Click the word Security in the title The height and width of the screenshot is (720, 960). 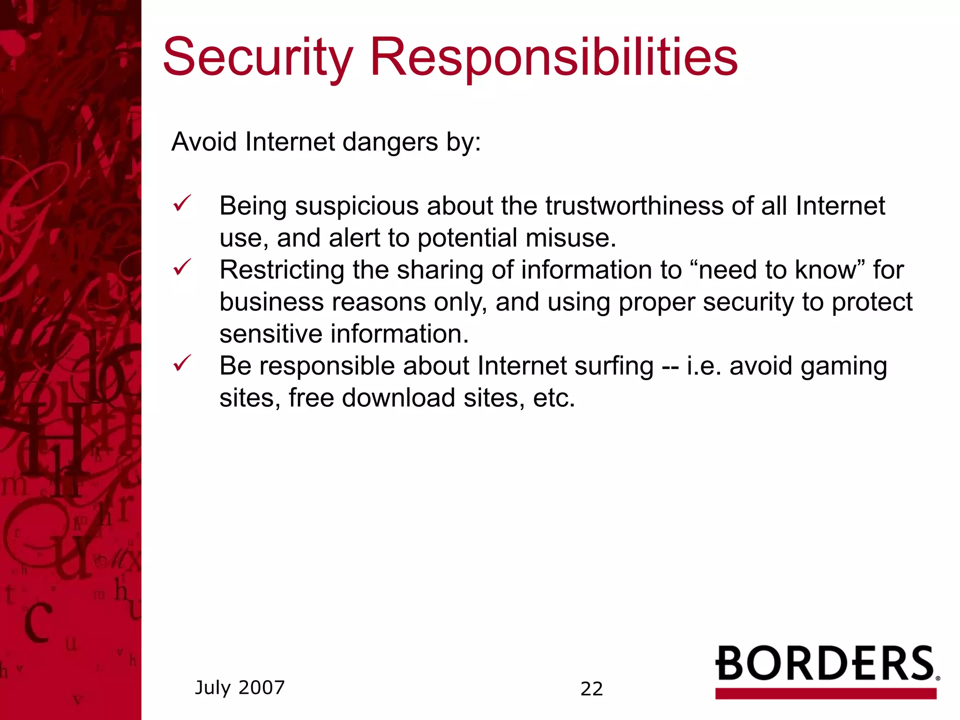257,58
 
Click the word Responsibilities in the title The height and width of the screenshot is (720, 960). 554,58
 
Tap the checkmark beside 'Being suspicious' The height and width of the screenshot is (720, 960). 182,204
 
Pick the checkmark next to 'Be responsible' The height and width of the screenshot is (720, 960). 182,363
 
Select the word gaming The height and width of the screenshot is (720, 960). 843,366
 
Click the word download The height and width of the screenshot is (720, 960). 398,398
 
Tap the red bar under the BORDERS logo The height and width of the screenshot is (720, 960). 825,693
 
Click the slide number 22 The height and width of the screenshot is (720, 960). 592,689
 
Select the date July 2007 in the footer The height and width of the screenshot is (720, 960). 240,688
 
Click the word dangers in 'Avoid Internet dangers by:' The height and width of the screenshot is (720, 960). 390,142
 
